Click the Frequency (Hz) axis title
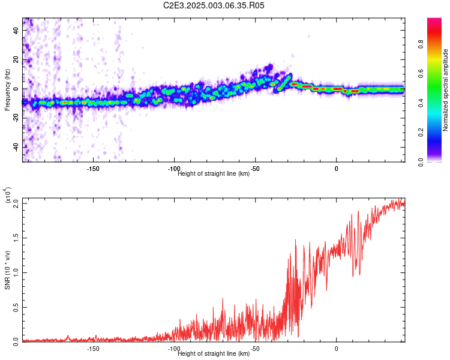coord(7,90)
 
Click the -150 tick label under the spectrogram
coord(93,169)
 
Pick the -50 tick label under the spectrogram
coord(255,169)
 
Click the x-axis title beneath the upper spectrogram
coord(214,174)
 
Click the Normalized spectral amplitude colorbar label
coord(445,90)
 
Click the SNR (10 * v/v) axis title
coord(7,270)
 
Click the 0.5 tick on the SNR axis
coord(17,307)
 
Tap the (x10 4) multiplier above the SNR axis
coord(8,194)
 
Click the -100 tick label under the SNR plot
coord(174,349)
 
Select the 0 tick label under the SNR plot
coord(336,349)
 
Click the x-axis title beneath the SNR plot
coord(214,354)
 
